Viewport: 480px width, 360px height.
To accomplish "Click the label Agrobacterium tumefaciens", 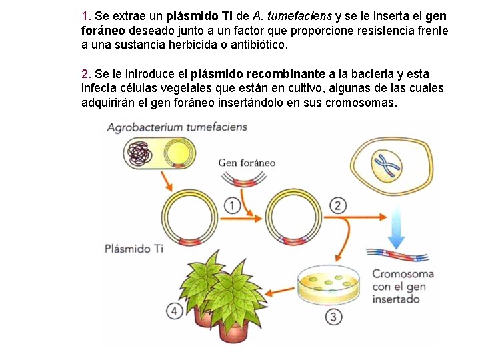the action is coord(177,127).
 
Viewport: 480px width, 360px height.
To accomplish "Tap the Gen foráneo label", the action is coord(247,163).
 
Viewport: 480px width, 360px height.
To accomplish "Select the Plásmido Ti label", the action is coord(133,249).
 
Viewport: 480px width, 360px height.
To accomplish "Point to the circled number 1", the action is coord(232,206).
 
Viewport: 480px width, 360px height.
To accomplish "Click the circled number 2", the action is coord(338,205).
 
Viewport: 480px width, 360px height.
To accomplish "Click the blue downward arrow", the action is coord(397,225).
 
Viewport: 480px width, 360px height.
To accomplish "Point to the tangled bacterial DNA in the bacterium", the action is coord(141,153).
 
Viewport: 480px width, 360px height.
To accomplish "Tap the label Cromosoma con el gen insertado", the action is coord(402,287).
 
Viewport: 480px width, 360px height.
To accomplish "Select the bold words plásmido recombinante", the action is coord(257,73).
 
